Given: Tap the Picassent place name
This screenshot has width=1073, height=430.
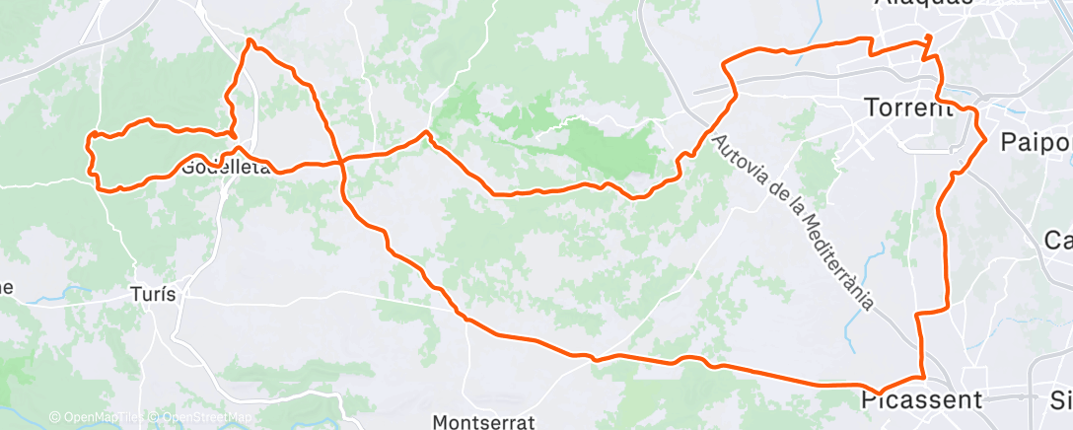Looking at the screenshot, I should [921, 399].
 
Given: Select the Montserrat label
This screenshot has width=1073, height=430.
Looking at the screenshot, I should [483, 422].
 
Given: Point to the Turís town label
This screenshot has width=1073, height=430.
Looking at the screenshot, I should [153, 293].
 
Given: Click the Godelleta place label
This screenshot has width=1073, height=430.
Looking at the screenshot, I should [225, 167].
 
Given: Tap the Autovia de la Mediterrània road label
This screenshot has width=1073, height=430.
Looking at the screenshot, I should [794, 222].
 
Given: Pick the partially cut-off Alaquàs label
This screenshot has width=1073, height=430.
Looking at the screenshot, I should [923, 3].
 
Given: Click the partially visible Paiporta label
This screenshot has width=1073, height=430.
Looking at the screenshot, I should [1036, 142].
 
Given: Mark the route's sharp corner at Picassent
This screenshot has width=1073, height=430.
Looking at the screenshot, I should [923, 376].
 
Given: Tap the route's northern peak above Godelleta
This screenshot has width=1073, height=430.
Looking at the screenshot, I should [250, 40].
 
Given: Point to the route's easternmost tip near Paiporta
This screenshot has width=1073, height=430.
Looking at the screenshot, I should [985, 139].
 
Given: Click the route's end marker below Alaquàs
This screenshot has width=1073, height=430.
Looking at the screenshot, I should [928, 39].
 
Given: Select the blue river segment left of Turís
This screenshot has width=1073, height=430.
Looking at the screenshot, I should [74, 292].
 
